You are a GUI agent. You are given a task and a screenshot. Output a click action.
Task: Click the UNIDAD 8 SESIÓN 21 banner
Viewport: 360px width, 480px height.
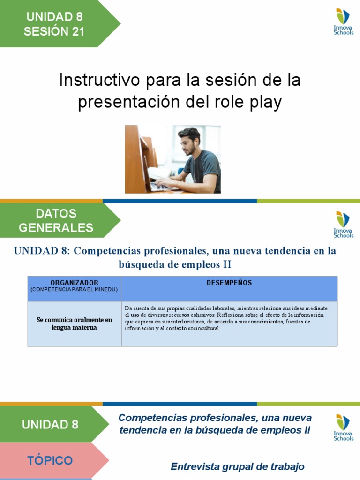pyautogui.click(x=54, y=24)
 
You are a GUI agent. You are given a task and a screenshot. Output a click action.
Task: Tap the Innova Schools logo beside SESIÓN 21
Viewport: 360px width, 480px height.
pyautogui.click(x=343, y=22)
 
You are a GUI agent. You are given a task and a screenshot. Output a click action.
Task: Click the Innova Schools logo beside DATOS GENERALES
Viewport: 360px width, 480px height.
pyautogui.click(x=343, y=225)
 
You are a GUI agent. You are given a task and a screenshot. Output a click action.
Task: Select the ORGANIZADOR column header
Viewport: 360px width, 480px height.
pyautogui.click(x=75, y=283)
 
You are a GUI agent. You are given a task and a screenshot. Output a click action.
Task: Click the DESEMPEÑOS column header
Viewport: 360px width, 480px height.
pyautogui.click(x=229, y=283)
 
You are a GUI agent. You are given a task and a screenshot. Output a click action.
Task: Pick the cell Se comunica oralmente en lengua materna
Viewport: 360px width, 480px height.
pyautogui.click(x=75, y=323)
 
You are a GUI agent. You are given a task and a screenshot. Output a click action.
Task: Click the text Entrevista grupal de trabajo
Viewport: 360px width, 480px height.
pyautogui.click(x=238, y=466)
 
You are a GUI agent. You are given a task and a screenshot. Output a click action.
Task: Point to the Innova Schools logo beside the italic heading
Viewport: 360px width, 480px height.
pyautogui.click(x=343, y=427)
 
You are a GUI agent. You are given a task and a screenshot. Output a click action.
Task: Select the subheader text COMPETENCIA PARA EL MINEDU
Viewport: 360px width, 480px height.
pyautogui.click(x=75, y=289)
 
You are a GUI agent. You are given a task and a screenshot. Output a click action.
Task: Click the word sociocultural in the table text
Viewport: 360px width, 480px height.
pyautogui.click(x=200, y=328)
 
